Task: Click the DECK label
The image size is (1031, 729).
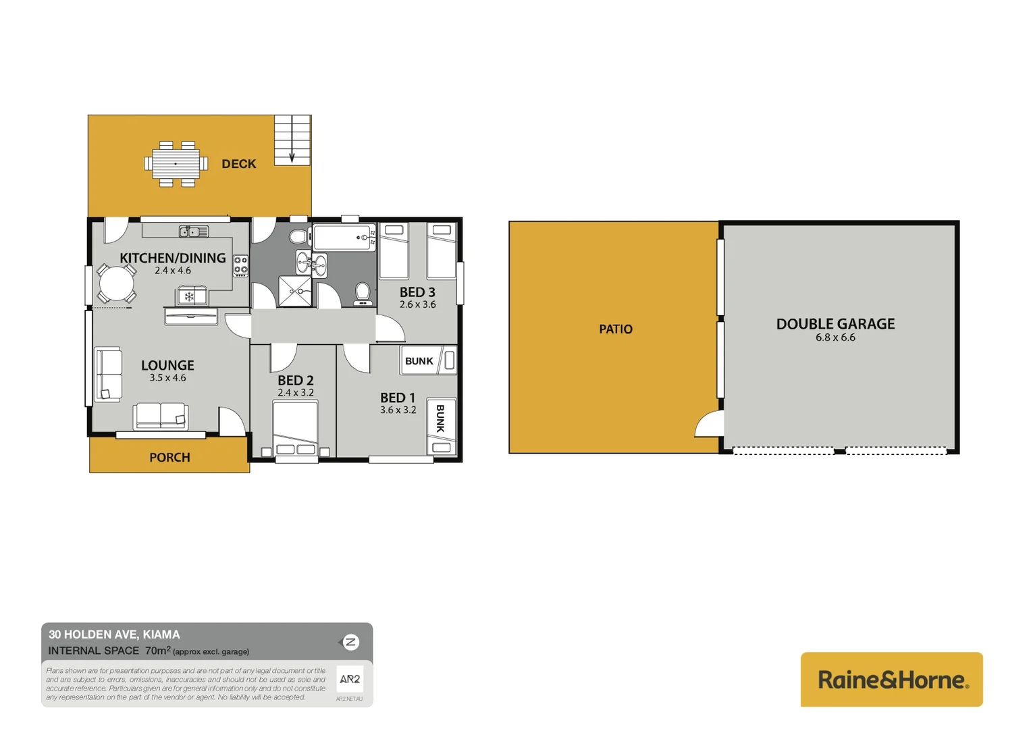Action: [238, 164]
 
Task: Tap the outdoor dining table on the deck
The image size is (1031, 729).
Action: [176, 164]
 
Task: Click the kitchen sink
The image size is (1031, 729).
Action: [193, 232]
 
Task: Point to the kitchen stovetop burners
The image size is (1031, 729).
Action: [240, 266]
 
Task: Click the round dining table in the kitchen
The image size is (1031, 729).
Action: [116, 283]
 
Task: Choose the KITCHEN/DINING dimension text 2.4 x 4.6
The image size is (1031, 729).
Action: [173, 271]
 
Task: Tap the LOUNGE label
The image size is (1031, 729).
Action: [167, 365]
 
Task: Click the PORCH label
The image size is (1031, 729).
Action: [169, 458]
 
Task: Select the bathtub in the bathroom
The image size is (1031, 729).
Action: [344, 238]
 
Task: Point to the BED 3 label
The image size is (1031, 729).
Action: [417, 292]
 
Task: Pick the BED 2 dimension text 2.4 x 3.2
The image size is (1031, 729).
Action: [296, 393]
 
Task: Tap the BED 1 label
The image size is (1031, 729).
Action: [398, 398]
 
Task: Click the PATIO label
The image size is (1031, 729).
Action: [616, 329]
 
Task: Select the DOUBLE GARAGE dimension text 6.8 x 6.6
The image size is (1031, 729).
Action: [835, 337]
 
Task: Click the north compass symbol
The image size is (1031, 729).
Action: [350, 642]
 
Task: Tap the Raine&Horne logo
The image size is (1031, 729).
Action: [891, 679]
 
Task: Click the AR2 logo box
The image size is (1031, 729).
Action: [350, 679]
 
